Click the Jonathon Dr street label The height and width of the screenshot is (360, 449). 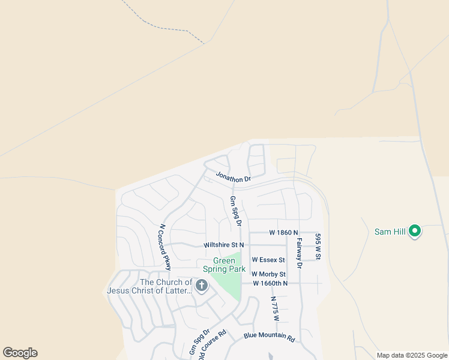tap(233, 178)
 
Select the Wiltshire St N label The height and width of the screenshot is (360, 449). tap(224, 245)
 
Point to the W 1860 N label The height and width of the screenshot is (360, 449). tap(283, 232)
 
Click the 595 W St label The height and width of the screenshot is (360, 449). tap(319, 247)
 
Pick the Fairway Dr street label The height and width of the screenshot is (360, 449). tap(298, 252)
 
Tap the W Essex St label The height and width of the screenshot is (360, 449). tap(268, 260)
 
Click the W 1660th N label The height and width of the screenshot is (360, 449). tap(270, 283)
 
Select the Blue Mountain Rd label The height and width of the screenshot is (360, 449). tap(270, 337)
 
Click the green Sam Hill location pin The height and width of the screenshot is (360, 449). tap(414, 231)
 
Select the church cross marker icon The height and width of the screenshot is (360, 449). tap(202, 286)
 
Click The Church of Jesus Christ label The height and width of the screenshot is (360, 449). tap(150, 287)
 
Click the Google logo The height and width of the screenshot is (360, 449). tap(20, 353)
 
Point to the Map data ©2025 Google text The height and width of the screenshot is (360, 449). tap(412, 355)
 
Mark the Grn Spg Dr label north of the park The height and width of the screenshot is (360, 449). tap(235, 210)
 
